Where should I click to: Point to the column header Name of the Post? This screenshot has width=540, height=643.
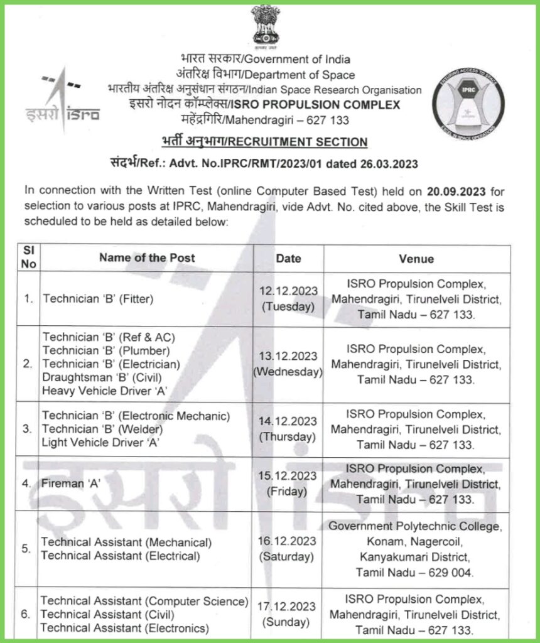pyautogui.click(x=147, y=257)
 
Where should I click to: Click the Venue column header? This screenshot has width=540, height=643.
pyautogui.click(x=416, y=259)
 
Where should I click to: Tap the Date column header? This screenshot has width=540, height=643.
pyautogui.click(x=288, y=258)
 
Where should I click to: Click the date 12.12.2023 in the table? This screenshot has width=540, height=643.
pyautogui.click(x=289, y=291)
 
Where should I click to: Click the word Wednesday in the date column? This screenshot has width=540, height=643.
pyautogui.click(x=288, y=371)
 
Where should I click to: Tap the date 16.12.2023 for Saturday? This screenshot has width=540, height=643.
pyautogui.click(x=289, y=541)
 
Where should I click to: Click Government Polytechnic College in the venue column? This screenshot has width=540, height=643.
pyautogui.click(x=415, y=526)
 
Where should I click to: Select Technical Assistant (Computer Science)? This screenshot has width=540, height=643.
pyautogui.click(x=145, y=601)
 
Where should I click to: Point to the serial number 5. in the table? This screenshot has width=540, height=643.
pyautogui.click(x=26, y=549)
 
